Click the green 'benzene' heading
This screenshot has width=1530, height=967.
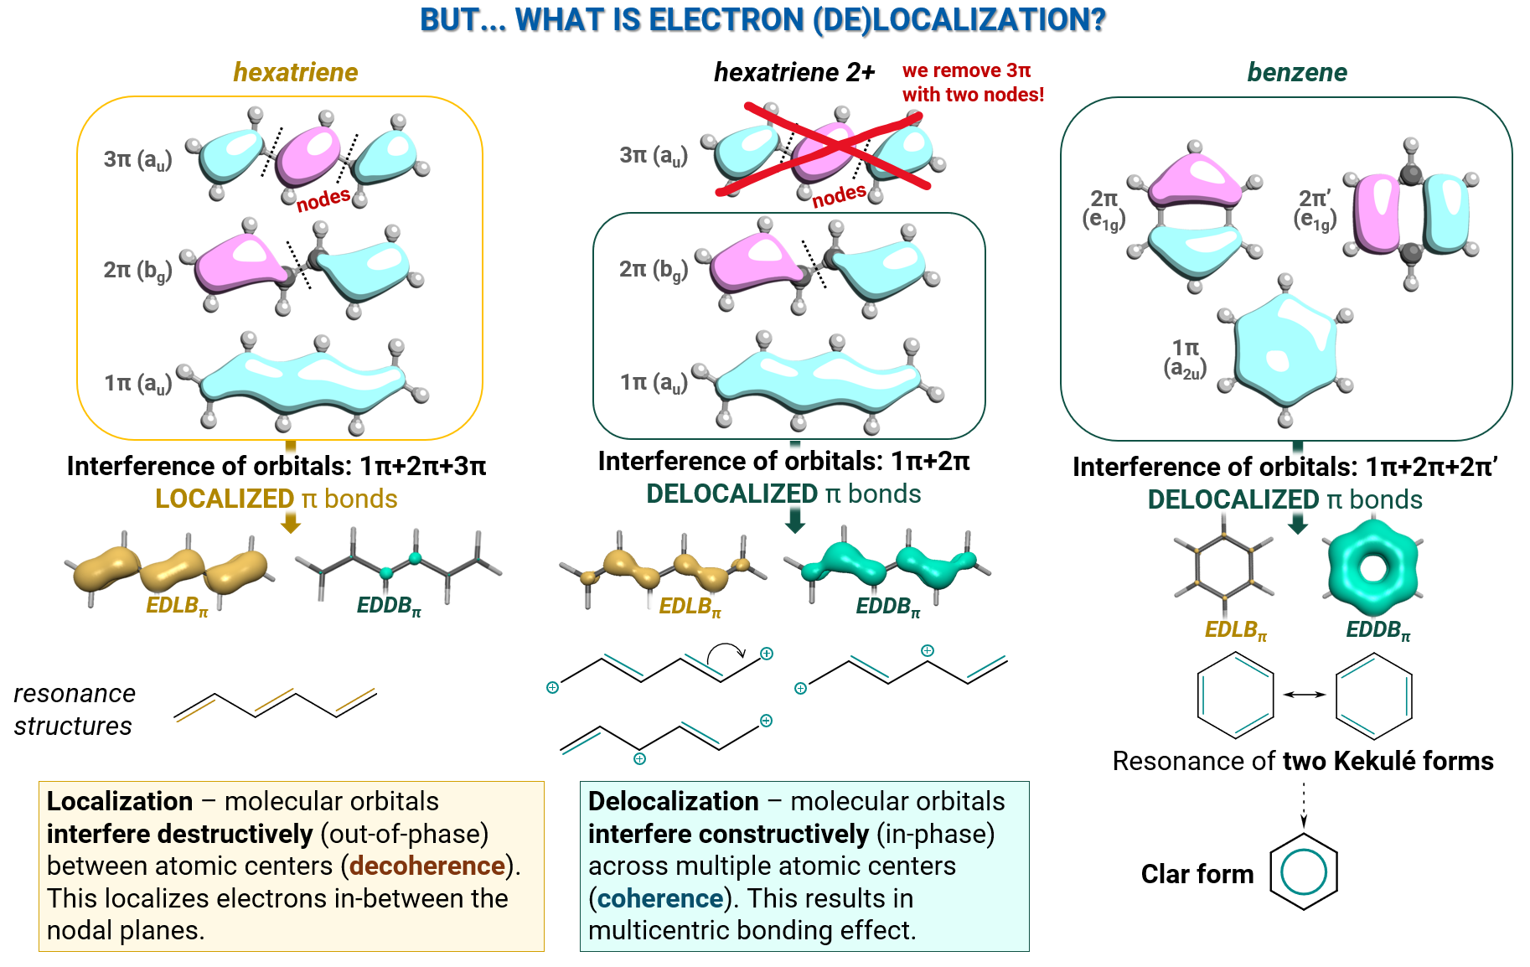1296,73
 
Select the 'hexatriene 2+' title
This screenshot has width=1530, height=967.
793,73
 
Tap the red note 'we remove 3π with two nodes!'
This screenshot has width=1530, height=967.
972,82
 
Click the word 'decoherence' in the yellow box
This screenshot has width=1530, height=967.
427,866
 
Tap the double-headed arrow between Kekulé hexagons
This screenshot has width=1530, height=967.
1305,694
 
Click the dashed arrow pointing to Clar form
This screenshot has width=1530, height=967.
1304,805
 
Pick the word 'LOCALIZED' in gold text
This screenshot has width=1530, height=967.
224,499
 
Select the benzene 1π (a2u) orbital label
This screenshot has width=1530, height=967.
1185,358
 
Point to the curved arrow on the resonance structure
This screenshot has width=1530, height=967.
726,650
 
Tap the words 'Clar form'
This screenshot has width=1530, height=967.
1197,874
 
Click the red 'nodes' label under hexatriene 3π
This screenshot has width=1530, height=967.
323,199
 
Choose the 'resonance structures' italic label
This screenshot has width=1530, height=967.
74,709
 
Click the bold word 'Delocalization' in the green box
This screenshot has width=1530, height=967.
673,801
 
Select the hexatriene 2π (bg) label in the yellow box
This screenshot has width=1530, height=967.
137,270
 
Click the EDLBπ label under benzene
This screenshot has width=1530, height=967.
1235,630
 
